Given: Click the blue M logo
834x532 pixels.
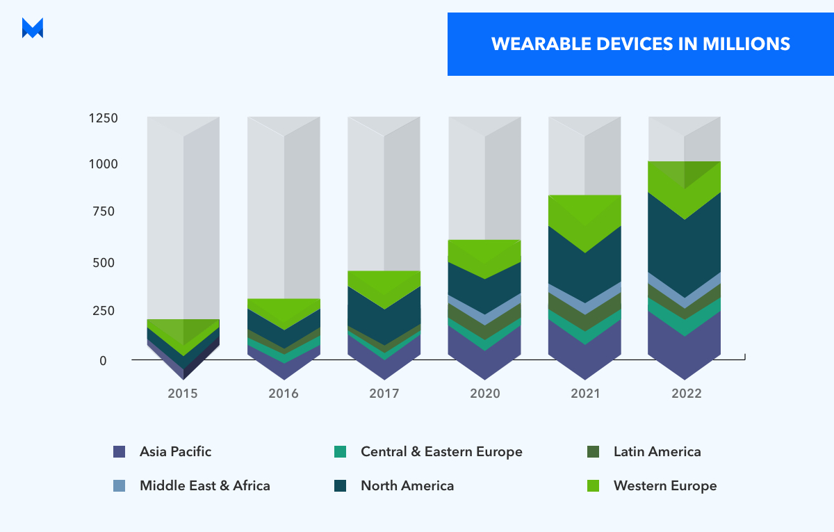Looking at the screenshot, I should [x=33, y=28].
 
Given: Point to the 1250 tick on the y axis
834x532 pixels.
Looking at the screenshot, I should [x=103, y=118].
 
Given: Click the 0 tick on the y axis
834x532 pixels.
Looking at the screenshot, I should [x=103, y=361].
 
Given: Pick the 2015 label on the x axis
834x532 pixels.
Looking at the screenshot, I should [x=183, y=394].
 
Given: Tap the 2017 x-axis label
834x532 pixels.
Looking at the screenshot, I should [x=384, y=394].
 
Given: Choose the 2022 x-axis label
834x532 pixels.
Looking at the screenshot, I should [x=687, y=394].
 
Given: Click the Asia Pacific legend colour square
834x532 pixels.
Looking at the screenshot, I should [x=119, y=452].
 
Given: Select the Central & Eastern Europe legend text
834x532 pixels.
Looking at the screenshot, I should [x=441, y=452].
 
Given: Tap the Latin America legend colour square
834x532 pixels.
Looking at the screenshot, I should [x=593, y=452].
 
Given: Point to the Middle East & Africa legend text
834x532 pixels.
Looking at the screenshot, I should [x=204, y=485].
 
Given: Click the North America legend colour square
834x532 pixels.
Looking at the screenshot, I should [x=340, y=486].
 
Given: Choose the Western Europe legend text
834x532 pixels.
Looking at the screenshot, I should [x=664, y=485].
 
